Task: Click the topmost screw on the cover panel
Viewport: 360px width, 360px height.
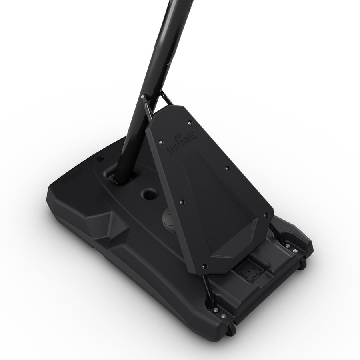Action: click(x=190, y=124)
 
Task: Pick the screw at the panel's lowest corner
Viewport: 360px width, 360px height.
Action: click(x=204, y=266)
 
